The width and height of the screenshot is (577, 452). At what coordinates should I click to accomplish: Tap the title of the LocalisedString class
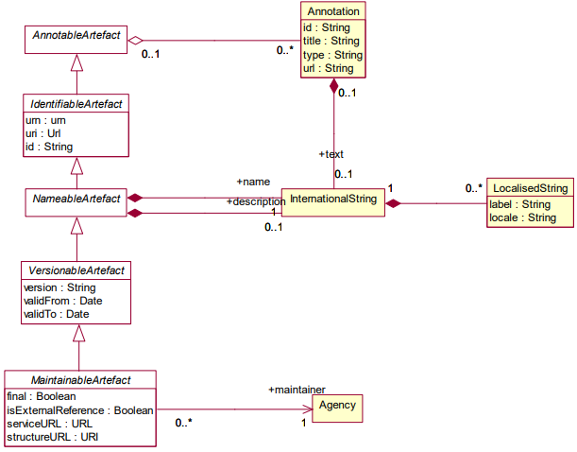click(x=529, y=188)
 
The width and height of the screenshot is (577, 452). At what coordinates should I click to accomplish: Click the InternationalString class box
click(x=334, y=200)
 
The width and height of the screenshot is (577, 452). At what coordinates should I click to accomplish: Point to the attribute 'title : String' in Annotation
click(x=331, y=42)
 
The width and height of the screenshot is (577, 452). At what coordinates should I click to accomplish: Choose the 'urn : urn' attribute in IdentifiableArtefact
click(x=45, y=121)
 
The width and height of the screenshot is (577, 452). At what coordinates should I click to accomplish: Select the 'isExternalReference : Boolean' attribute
click(x=79, y=410)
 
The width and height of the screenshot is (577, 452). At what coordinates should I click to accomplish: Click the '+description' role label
click(x=255, y=201)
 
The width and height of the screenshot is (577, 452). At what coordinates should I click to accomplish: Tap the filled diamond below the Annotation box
click(x=334, y=89)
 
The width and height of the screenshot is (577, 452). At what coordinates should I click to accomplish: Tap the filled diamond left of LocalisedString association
click(x=395, y=202)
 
